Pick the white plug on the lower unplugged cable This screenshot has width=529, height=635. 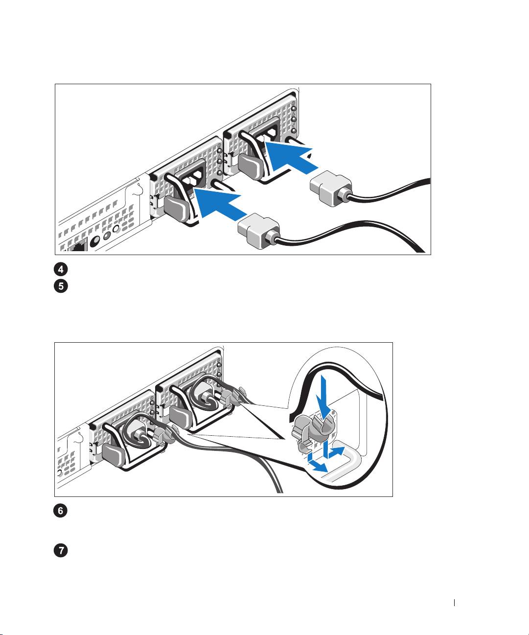(258, 231)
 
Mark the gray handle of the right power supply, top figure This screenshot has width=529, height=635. (249, 166)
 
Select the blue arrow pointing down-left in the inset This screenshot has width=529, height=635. (318, 464)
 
